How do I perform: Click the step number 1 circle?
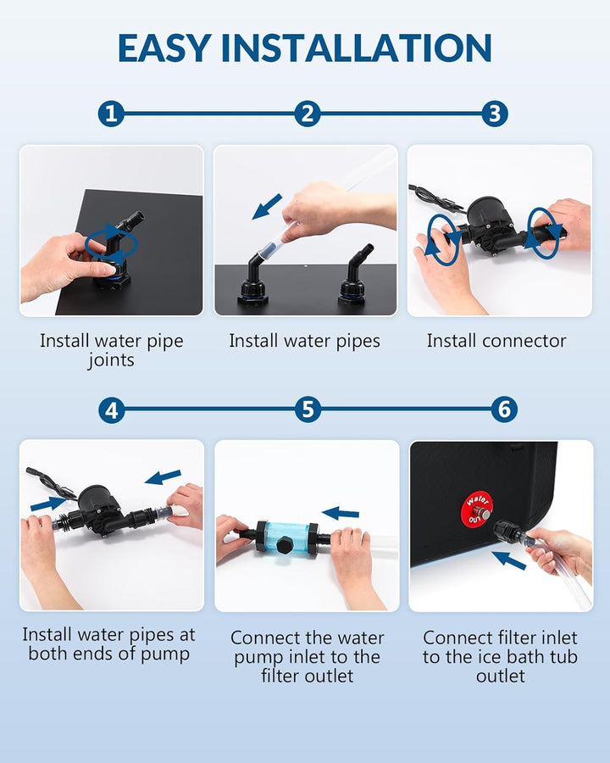(x=111, y=114)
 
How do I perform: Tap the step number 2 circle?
(x=308, y=114)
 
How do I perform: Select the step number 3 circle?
(x=495, y=114)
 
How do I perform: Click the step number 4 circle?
(x=111, y=410)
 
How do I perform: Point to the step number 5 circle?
(x=308, y=410)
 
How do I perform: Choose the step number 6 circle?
(x=504, y=410)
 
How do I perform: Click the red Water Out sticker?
(x=477, y=507)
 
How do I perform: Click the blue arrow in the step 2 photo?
(x=267, y=205)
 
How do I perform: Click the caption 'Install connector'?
(x=496, y=341)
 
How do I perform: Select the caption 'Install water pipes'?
(x=304, y=341)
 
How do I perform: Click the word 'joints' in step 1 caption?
(x=111, y=361)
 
